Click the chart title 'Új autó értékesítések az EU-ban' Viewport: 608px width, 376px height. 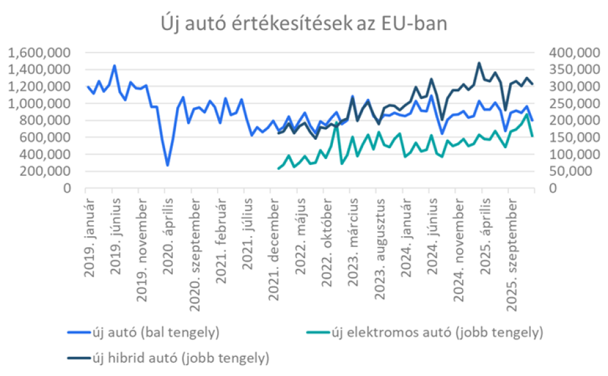pyautogui.click(x=303, y=24)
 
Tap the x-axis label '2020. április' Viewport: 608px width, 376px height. pyautogui.click(x=168, y=230)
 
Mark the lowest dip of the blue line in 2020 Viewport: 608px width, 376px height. pyautogui.click(x=168, y=166)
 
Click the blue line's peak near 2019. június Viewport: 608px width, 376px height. pyautogui.click(x=114, y=65)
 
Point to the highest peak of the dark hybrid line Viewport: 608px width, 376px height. pyautogui.click(x=479, y=63)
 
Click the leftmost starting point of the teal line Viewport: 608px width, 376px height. pyautogui.click(x=278, y=169)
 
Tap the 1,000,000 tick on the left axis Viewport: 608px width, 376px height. pyautogui.click(x=42, y=103)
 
